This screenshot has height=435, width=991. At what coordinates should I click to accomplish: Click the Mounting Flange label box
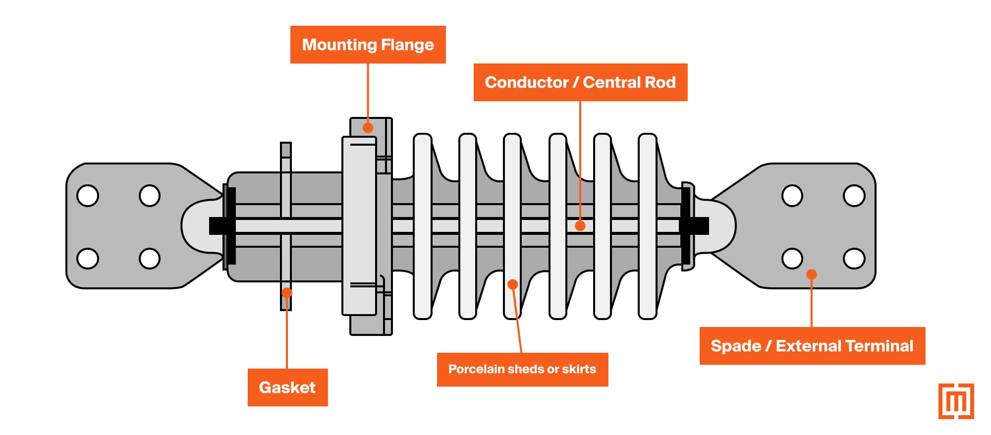(368, 45)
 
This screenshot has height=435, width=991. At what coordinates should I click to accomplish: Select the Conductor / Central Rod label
(580, 82)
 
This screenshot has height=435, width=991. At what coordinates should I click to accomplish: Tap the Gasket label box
(287, 387)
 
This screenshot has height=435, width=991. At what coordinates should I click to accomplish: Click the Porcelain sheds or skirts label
(522, 369)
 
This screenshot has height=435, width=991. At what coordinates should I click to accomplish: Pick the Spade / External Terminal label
(812, 346)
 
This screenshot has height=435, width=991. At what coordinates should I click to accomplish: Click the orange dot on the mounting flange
(368, 128)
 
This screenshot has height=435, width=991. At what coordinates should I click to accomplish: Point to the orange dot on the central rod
(580, 226)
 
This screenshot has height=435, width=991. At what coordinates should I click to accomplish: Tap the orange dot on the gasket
(287, 292)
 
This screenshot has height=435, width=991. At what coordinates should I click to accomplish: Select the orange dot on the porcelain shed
(513, 284)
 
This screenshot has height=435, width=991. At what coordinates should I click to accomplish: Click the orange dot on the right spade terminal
(812, 274)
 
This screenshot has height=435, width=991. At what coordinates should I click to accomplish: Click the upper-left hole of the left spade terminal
(88, 196)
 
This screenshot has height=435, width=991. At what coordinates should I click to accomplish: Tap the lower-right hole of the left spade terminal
(150, 258)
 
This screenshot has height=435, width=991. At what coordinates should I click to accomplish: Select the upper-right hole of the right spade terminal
(854, 196)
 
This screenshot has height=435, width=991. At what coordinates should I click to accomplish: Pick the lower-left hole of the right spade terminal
(792, 258)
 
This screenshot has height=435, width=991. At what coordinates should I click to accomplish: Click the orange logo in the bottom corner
(956, 401)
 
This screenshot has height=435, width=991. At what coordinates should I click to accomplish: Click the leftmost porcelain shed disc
(423, 226)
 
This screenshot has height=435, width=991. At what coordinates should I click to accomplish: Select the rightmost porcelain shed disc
(648, 226)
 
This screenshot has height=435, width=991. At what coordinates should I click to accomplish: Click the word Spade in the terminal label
(735, 346)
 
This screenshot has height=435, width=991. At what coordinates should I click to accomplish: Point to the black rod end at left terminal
(218, 226)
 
